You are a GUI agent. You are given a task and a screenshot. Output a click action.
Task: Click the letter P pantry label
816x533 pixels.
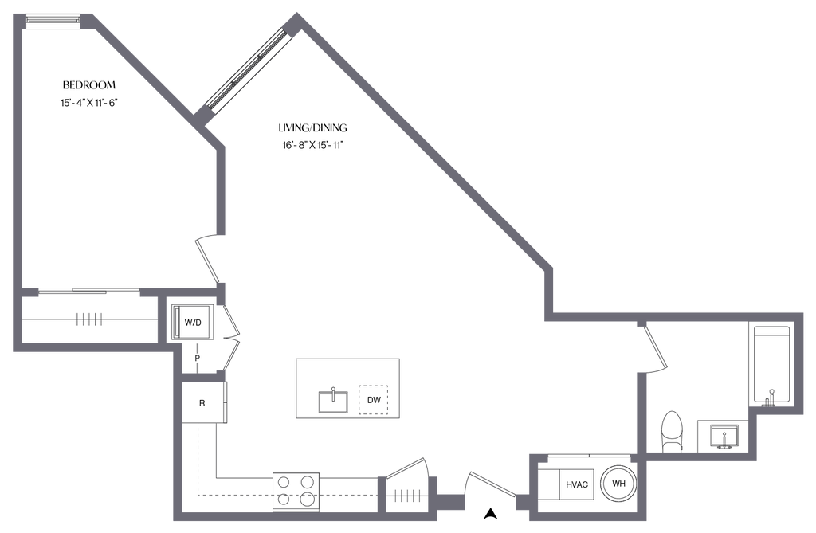click(198, 359)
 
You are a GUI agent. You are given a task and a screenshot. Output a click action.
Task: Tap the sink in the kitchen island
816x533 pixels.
click(333, 400)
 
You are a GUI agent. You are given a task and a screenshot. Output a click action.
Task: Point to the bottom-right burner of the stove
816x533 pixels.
click(308, 501)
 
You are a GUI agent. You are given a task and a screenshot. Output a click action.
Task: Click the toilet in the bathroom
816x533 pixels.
click(672, 431)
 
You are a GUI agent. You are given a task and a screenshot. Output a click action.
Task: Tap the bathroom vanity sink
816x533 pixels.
click(722, 436)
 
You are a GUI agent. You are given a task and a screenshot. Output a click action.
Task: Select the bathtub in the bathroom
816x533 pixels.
click(771, 365)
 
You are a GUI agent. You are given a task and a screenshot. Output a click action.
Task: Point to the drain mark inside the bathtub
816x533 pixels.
click(771, 391)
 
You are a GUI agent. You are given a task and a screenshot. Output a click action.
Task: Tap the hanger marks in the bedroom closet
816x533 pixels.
click(89, 319)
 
